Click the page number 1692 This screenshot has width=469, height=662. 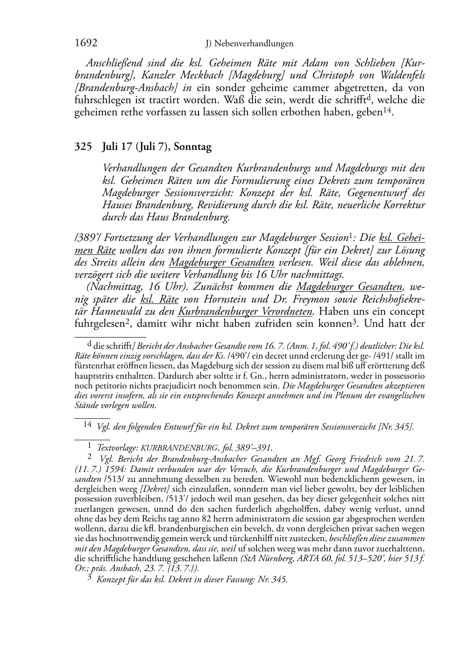tap(86, 43)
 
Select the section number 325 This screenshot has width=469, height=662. tap(83, 147)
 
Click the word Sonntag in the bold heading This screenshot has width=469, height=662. tap(192, 147)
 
